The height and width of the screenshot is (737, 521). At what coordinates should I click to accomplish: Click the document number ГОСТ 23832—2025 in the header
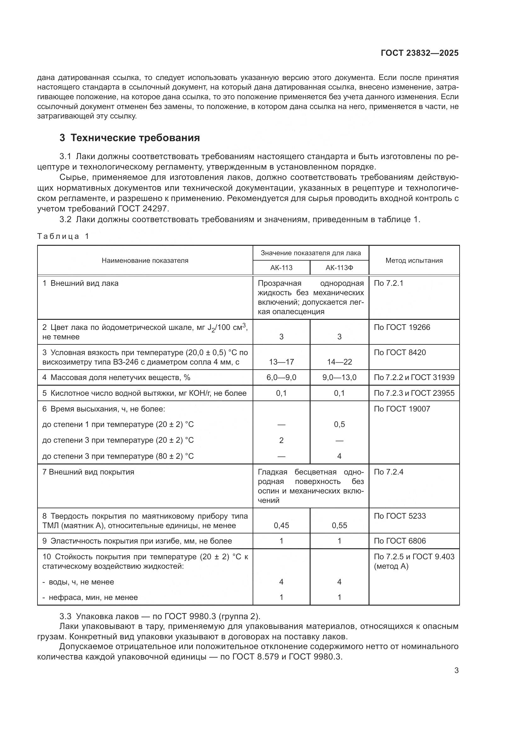point(420,53)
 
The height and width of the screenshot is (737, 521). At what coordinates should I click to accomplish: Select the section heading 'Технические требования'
point(135,138)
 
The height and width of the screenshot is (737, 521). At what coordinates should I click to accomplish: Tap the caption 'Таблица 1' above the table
point(63,237)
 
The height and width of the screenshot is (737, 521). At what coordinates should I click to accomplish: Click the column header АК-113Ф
point(339,268)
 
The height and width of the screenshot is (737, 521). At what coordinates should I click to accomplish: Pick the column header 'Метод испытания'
point(414,261)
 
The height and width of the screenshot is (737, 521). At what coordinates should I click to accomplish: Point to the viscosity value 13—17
point(281,362)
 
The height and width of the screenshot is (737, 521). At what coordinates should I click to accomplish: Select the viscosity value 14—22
point(339,362)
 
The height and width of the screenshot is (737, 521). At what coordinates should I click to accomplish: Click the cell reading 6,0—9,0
point(281,377)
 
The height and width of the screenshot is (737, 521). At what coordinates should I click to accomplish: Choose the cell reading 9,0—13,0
point(339,377)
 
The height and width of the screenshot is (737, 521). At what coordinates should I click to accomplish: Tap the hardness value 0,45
point(281,526)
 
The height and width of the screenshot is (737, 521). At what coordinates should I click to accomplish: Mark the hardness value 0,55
point(339,526)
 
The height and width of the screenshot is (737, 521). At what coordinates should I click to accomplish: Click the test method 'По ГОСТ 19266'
point(402,327)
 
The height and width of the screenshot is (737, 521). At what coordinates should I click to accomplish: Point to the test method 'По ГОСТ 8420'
point(400,353)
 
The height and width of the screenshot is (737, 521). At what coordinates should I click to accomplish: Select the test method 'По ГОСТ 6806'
point(400,541)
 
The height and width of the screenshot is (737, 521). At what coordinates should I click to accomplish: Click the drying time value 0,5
point(339,424)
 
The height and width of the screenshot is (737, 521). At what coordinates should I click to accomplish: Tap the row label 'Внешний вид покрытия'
point(88,472)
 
